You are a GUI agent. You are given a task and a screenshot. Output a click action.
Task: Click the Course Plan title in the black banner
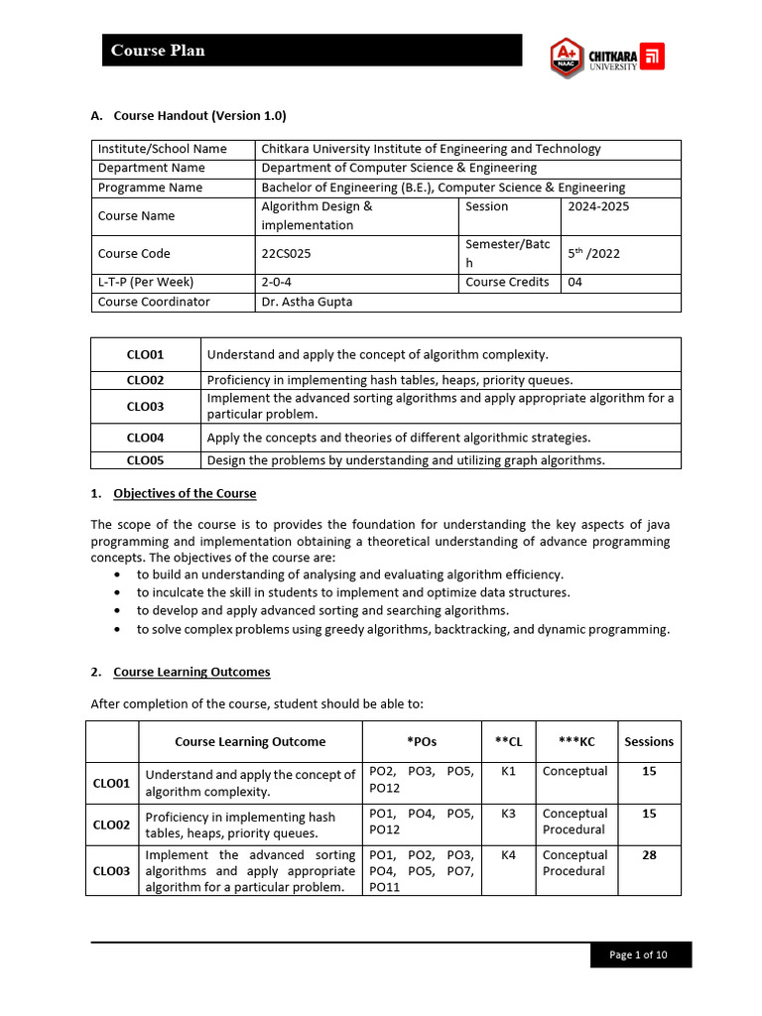click(158, 51)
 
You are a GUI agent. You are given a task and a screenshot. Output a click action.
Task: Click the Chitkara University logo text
click(613, 57)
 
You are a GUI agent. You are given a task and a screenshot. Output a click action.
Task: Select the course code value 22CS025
click(286, 254)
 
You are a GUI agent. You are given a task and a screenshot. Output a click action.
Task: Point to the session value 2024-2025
click(597, 206)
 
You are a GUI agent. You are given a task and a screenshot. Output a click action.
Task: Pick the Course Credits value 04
click(575, 282)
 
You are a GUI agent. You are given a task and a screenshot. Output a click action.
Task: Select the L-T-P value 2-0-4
click(277, 282)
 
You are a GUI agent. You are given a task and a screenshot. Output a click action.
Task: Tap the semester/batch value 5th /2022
click(593, 254)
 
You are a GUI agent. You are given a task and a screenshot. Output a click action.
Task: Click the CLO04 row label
click(145, 438)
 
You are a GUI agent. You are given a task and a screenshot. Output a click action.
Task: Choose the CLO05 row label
click(145, 460)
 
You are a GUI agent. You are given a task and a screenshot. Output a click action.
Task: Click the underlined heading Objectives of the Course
click(185, 493)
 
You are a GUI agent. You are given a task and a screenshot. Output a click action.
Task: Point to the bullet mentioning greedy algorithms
click(403, 629)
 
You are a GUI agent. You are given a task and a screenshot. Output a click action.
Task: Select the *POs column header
click(422, 741)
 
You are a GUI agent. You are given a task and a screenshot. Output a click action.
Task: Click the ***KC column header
click(576, 741)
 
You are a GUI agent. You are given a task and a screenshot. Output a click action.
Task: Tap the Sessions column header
click(649, 741)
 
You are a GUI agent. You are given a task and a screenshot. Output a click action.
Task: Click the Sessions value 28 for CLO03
click(649, 855)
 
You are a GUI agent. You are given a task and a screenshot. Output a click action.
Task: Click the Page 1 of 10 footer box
click(638, 954)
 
